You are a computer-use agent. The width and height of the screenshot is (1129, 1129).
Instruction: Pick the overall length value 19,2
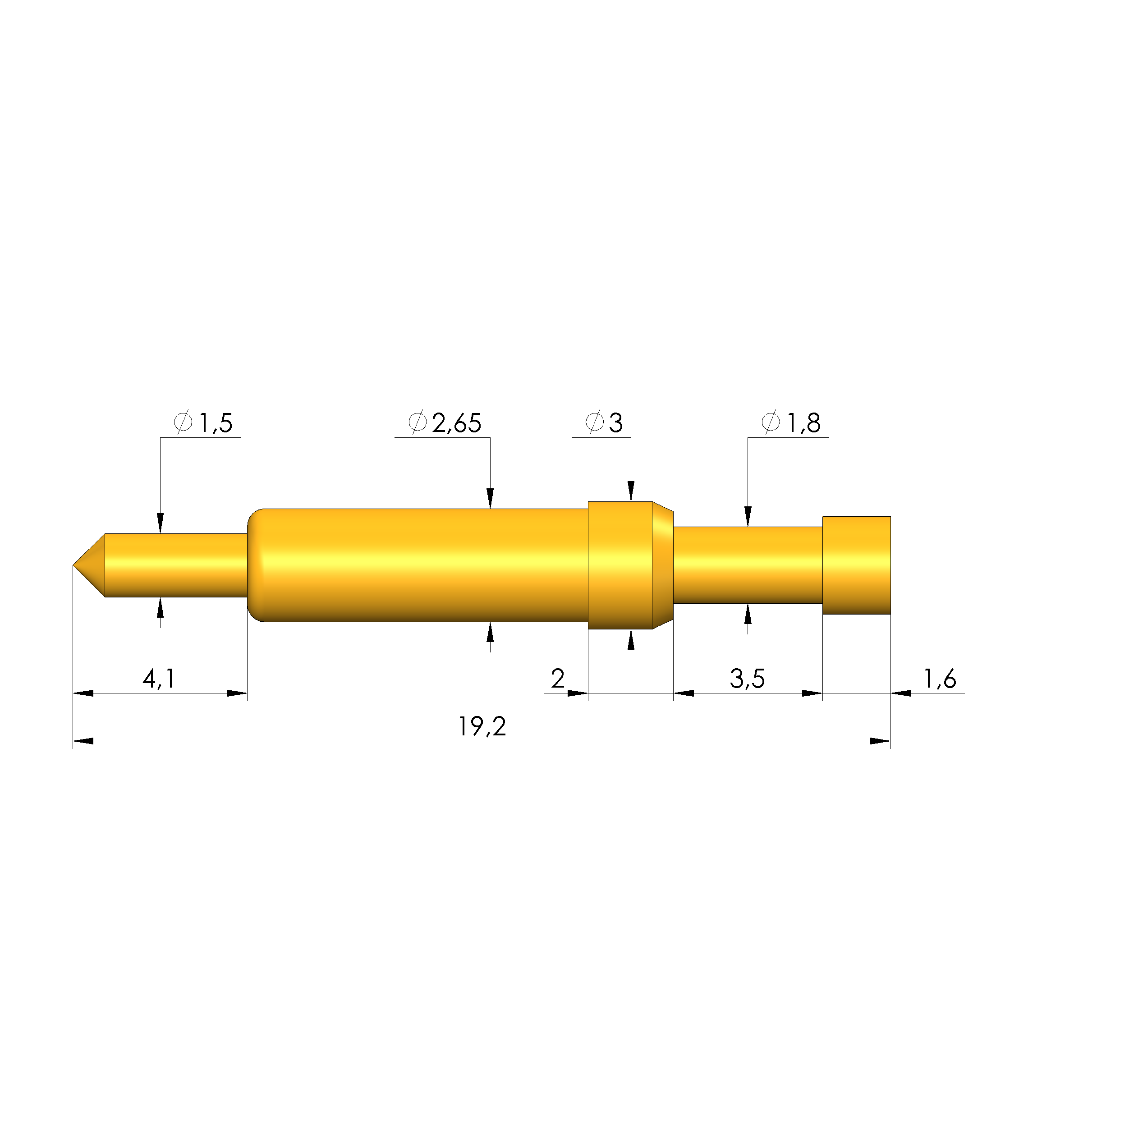(482, 726)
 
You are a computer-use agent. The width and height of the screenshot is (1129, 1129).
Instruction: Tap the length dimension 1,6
(940, 679)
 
